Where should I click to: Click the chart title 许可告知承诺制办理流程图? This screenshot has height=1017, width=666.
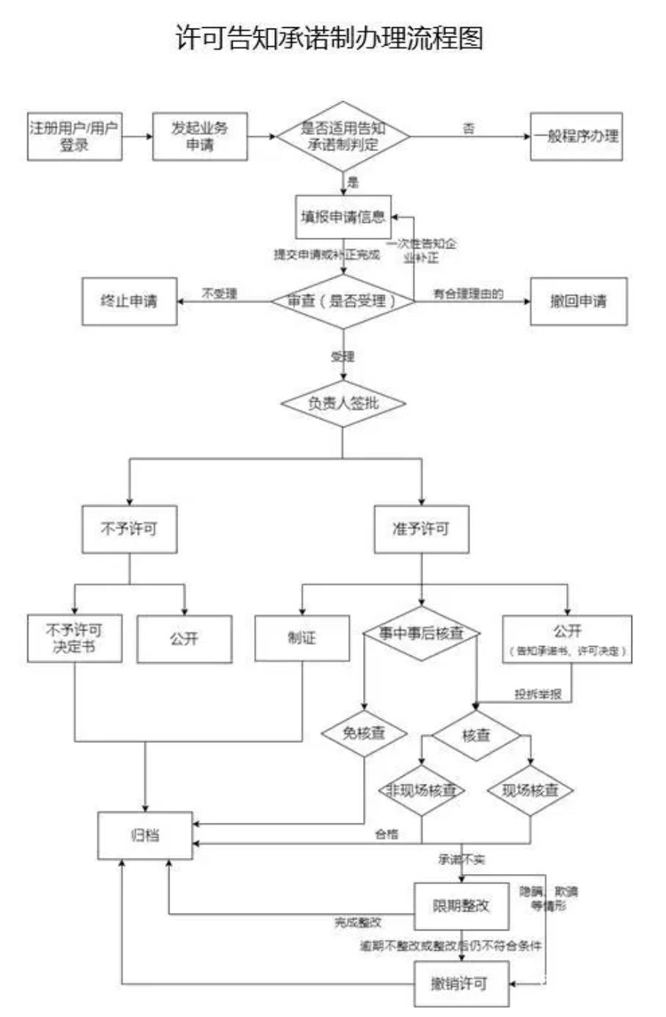[329, 37]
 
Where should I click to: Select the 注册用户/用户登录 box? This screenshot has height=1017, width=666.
[74, 136]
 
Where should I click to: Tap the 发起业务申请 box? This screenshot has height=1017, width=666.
[200, 136]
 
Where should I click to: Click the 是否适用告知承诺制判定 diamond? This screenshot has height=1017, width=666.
[343, 136]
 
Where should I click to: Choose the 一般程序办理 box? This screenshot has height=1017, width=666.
[577, 136]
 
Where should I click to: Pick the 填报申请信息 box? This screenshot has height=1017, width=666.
[343, 217]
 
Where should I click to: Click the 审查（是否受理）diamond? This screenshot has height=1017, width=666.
[343, 301]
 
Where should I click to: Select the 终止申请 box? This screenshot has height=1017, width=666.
[129, 301]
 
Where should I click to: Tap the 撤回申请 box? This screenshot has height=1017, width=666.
[579, 301]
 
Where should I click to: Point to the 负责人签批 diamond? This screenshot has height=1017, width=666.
[343, 403]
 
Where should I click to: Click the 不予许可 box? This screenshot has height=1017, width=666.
[129, 529]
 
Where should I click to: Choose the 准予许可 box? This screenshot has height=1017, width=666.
[421, 529]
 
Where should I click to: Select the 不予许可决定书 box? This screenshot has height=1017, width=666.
[74, 639]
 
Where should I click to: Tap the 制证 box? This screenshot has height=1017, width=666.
[301, 638]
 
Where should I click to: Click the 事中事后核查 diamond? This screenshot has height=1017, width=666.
[421, 634]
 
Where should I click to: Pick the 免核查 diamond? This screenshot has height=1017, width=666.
[365, 733]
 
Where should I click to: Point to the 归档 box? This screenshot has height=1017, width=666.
[145, 835]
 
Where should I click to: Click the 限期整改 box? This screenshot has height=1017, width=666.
[461, 906]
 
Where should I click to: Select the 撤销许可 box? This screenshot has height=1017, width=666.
[461, 983]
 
